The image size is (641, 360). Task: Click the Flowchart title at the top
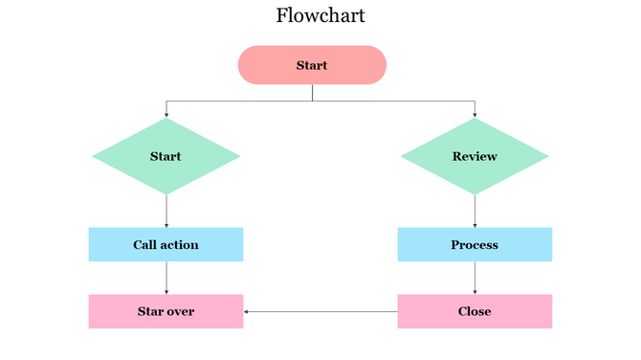320,15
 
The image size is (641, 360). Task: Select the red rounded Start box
312,65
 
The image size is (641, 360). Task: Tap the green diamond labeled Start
166,156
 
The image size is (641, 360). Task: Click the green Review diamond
475,156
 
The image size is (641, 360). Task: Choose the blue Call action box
166,244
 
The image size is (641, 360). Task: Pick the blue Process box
475,244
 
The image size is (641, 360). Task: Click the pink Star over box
166,311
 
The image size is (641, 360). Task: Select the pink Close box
475,311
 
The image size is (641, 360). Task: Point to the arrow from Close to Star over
320,311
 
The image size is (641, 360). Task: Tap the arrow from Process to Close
475,278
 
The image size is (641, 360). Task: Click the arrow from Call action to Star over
166,278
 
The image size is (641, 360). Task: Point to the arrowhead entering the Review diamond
475,114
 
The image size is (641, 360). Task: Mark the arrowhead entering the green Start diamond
166,114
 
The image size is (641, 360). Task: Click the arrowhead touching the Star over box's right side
247,311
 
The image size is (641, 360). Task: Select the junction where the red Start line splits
312,101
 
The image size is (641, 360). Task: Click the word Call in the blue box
144,244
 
